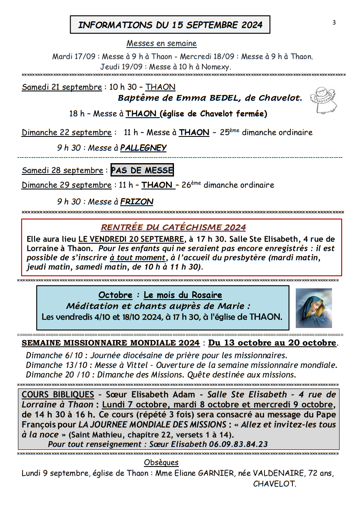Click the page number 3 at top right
click(334, 23)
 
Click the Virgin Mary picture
click(314, 308)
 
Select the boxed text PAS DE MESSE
click(142, 170)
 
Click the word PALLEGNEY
click(143, 148)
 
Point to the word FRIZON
click(137, 202)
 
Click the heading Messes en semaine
click(161, 43)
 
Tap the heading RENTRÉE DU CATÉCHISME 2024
click(174, 227)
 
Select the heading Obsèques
click(161, 462)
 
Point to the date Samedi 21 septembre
click(62, 87)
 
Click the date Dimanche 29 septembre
click(66, 185)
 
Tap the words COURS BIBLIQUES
click(58, 394)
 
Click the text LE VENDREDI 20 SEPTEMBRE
click(131, 239)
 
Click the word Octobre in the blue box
click(115, 295)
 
